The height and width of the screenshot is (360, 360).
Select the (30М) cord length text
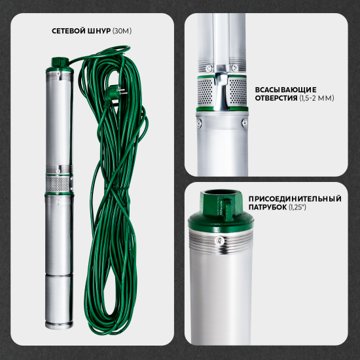click(x=122, y=31)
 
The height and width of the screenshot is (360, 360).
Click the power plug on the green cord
click(x=116, y=92)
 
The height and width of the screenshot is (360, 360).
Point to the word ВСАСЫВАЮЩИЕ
click(x=285, y=90)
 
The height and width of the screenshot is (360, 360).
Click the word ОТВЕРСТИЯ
click(x=276, y=98)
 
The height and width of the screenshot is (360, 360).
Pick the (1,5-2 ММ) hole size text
click(x=317, y=98)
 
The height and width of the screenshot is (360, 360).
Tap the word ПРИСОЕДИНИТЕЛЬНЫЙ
click(x=295, y=199)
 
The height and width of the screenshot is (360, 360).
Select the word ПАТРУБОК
click(x=268, y=207)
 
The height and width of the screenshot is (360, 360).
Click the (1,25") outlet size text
click(x=297, y=207)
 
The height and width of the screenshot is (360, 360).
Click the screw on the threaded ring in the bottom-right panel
click(x=220, y=241)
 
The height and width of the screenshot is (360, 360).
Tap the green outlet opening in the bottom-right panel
click(x=221, y=193)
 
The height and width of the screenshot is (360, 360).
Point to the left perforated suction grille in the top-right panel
click(x=206, y=92)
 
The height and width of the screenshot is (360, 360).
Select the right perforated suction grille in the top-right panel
click(x=238, y=92)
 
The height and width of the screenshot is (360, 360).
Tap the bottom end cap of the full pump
click(x=59, y=325)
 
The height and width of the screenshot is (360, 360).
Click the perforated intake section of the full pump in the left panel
click(x=58, y=184)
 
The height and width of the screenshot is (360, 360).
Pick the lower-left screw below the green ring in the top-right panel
click(x=199, y=123)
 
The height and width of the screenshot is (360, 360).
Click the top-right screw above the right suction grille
click(x=234, y=67)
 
